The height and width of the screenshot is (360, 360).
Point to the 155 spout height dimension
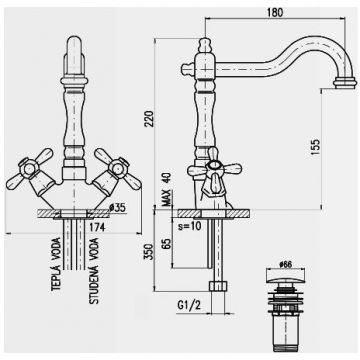(340, 144)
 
